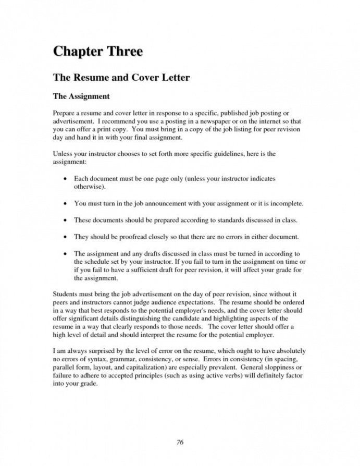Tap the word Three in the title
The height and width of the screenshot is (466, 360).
(123, 52)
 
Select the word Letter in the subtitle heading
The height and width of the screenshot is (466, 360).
(172, 78)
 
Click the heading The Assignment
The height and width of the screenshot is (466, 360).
(81, 96)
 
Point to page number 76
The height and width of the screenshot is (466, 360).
(180, 443)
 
